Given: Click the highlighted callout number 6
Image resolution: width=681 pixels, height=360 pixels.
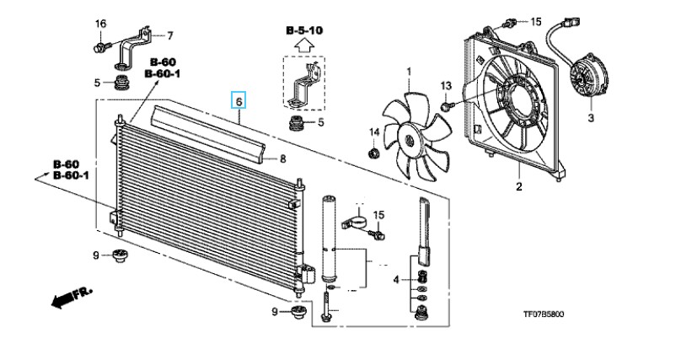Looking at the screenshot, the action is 239,100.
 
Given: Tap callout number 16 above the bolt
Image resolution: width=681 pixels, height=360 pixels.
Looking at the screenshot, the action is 100,24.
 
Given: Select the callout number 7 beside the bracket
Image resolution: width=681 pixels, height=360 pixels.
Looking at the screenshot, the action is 169,35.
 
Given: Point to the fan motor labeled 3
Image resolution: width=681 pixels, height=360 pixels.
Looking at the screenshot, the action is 587,79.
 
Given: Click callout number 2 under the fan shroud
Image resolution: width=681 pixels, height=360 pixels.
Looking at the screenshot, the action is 518,186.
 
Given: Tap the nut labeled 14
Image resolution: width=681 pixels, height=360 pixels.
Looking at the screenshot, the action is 373,153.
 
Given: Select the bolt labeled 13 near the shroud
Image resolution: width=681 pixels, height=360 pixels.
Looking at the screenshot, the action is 446,106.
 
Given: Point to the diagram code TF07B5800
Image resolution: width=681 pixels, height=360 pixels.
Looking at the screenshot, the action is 544,314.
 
